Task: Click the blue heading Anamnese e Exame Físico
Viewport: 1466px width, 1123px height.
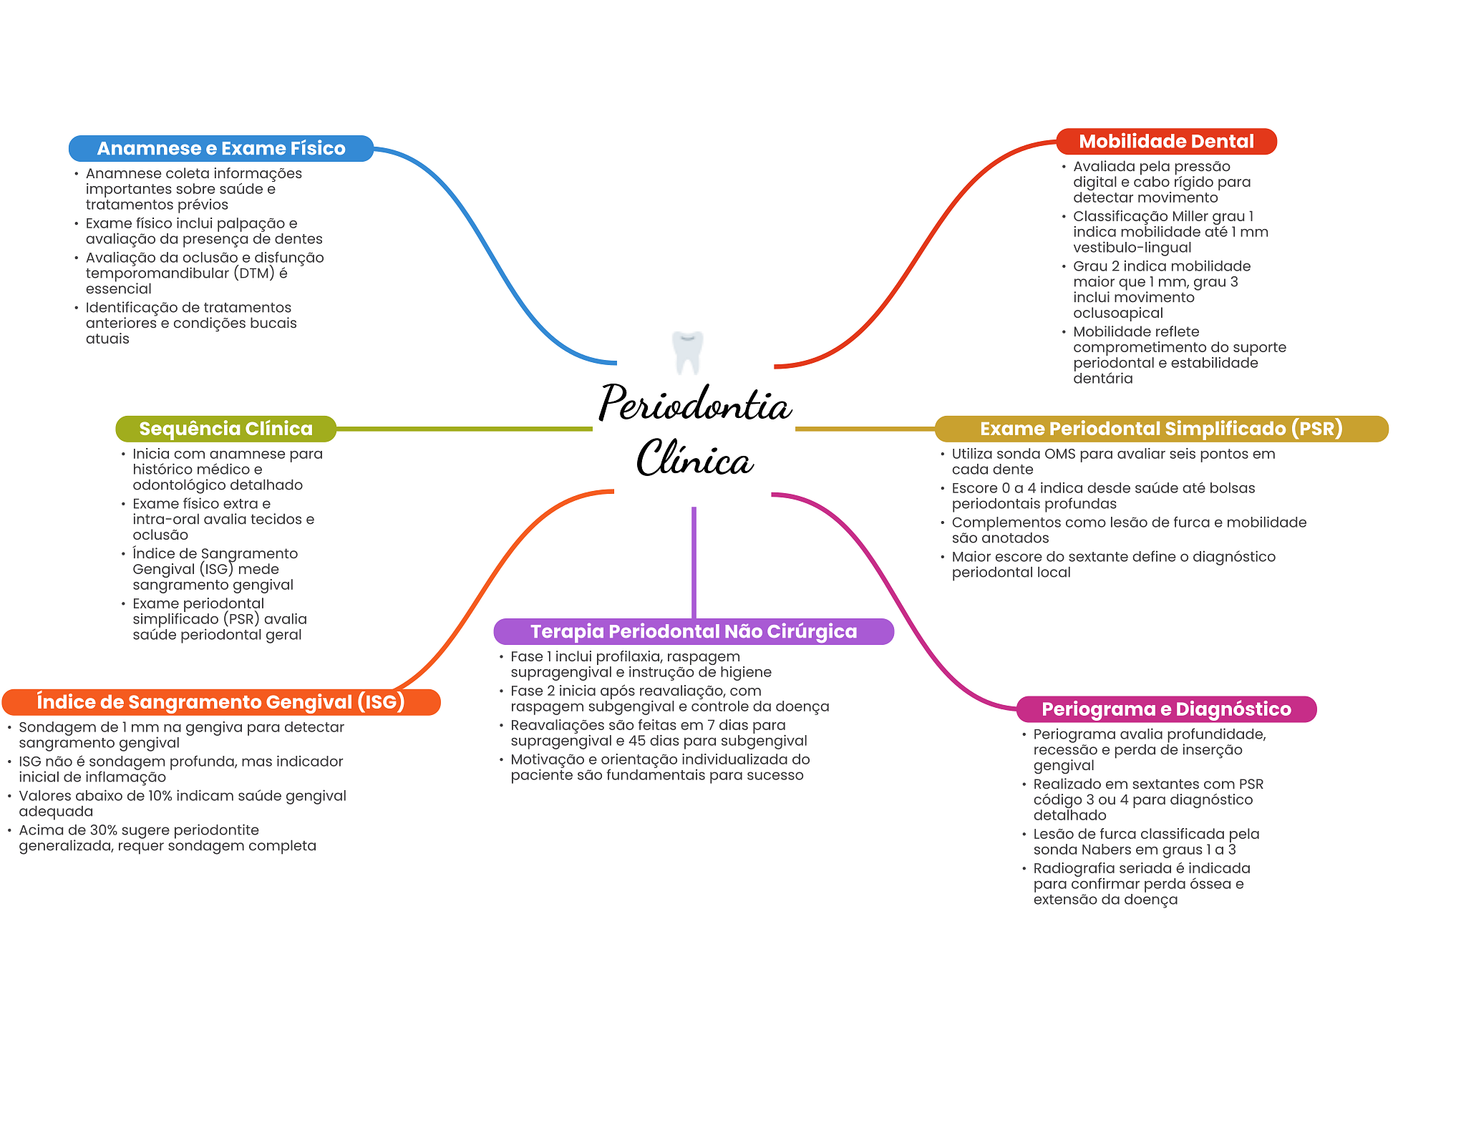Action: pos(221,148)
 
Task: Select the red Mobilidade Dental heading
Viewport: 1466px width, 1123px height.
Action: pos(1166,141)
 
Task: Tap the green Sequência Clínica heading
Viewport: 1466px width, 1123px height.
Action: pos(225,429)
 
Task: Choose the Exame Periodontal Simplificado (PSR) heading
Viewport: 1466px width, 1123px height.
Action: pos(1160,429)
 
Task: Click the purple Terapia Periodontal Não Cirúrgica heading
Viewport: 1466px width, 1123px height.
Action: pos(693,631)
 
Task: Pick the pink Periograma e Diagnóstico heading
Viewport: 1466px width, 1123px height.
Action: pos(1166,709)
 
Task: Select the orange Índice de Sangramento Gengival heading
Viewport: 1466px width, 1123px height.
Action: pos(220,702)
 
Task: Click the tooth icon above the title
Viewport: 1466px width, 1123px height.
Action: pos(688,351)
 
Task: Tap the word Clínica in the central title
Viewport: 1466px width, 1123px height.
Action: pos(694,459)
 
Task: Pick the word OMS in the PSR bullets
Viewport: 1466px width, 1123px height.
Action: pos(1059,454)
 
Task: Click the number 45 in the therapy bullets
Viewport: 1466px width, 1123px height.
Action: pos(637,741)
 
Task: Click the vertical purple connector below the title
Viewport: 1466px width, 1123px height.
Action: pos(694,562)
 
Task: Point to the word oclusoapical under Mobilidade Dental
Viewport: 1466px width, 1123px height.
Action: pos(1117,313)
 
